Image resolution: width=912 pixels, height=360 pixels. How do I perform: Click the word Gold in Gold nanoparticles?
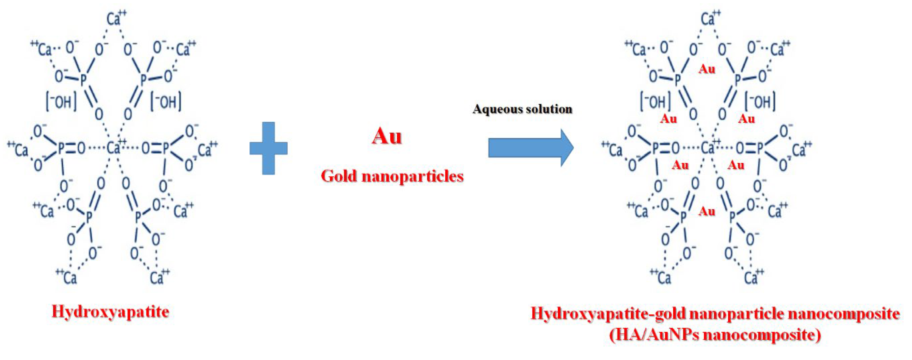pos(339,176)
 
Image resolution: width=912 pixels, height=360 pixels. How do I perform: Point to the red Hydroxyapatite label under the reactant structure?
pos(111,312)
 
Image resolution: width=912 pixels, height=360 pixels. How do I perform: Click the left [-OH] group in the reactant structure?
pos(61,102)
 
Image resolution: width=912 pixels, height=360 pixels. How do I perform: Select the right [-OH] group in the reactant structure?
pos(166,102)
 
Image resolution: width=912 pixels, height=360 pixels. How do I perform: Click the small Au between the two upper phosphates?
pos(707,69)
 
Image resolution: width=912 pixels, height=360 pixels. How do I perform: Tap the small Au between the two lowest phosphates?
pos(707,212)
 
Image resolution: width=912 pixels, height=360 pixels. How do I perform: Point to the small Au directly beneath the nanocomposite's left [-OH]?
pos(669,119)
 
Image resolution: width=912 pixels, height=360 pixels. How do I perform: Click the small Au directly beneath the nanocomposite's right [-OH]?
pos(747,119)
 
